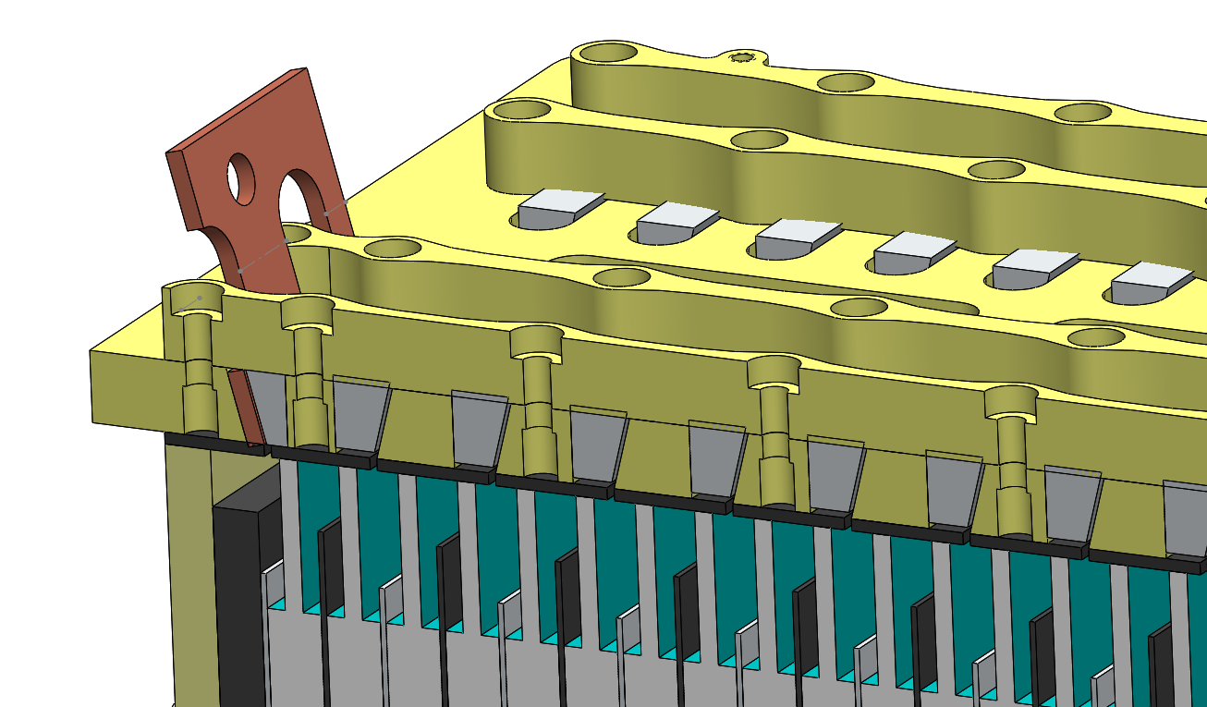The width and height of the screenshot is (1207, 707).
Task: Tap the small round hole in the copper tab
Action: pos(242,179)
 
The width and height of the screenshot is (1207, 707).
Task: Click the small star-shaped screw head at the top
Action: pos(742,58)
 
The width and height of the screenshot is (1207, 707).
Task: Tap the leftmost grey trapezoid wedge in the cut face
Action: pos(268,407)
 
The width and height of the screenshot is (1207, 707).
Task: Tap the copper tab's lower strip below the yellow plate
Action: pos(245,407)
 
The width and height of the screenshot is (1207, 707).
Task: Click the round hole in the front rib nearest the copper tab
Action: pos(393,249)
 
